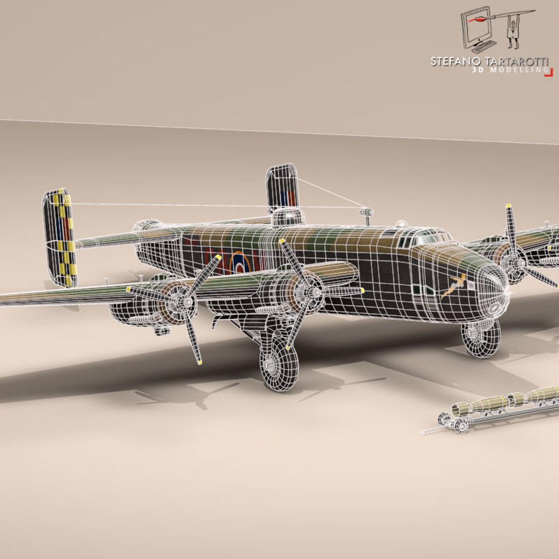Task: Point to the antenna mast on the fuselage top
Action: click(366, 214)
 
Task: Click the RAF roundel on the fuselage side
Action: click(240, 262)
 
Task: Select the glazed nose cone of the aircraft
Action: click(492, 288)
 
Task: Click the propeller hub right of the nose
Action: click(515, 264)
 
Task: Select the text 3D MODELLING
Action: click(509, 70)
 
